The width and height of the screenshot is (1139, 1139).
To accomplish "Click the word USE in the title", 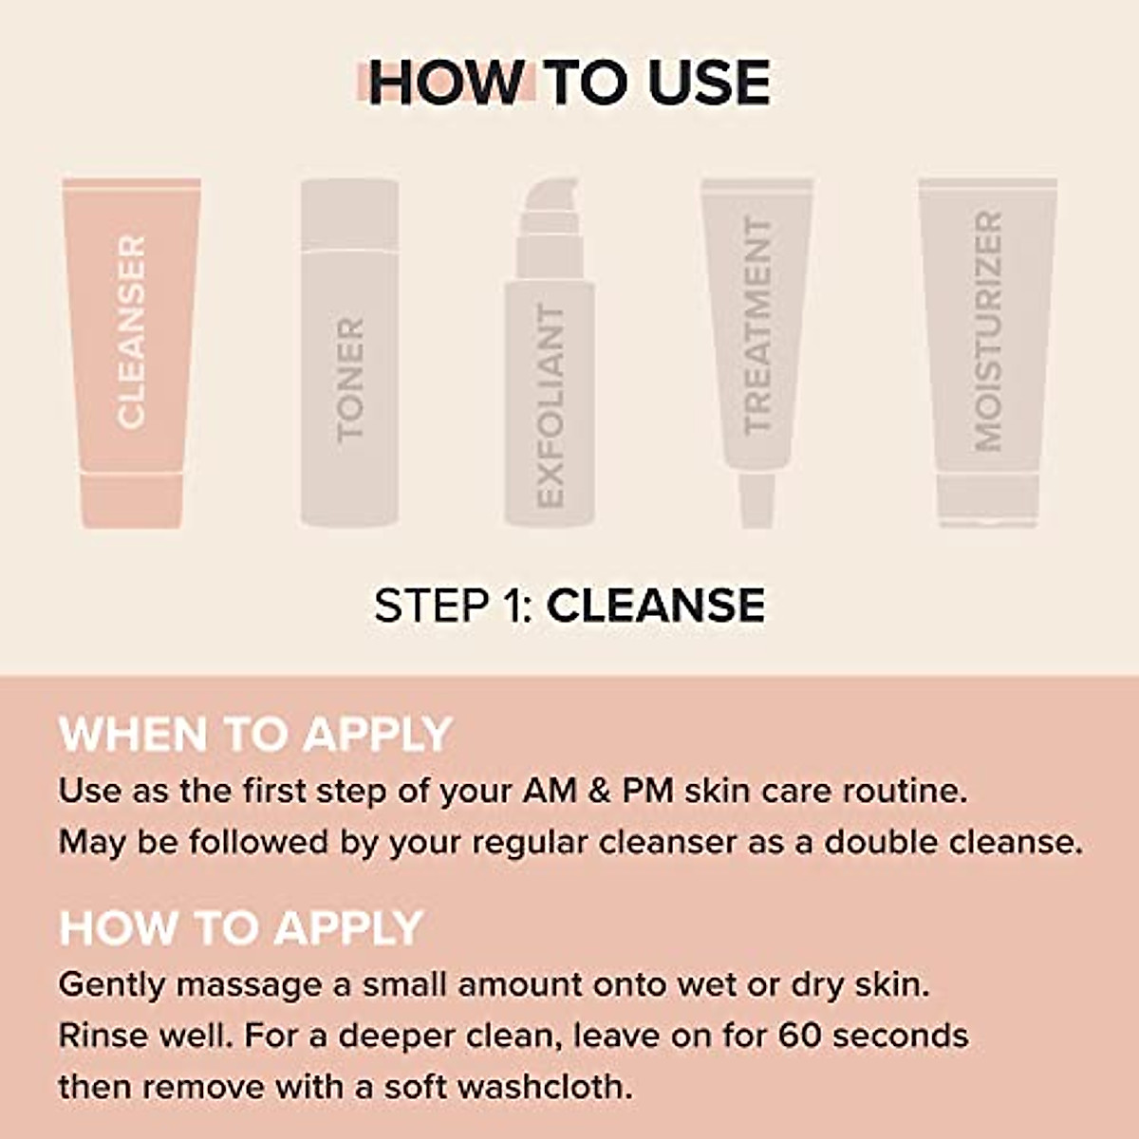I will [x=709, y=83].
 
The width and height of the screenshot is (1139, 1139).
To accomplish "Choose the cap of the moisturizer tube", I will [x=987, y=499].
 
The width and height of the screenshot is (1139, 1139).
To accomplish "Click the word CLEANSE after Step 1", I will [x=656, y=606].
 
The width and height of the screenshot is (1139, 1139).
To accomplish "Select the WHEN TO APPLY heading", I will [x=254, y=735].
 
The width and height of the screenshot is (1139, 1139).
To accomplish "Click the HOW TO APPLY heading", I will [x=241, y=927].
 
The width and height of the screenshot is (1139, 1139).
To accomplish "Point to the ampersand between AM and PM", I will [x=599, y=791].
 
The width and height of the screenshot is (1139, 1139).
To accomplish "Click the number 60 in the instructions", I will [x=800, y=1035].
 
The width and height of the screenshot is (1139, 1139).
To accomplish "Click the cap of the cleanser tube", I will [x=131, y=500].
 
